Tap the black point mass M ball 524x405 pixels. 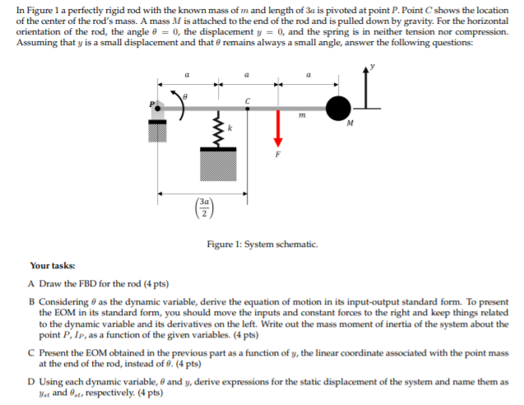tap(337, 107)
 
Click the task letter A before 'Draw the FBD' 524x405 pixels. tap(30, 282)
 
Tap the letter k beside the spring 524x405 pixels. tap(230, 129)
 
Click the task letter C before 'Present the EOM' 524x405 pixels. tap(30, 351)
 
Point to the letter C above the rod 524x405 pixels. tap(247, 97)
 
